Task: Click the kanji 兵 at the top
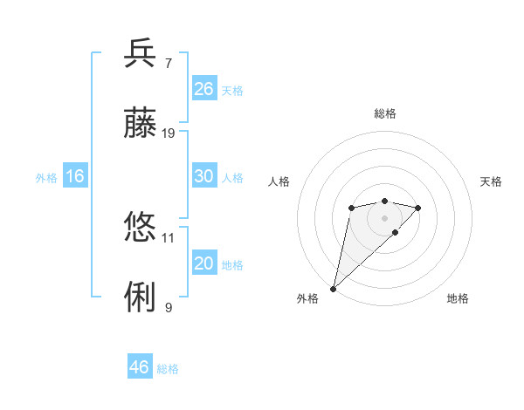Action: click(141, 53)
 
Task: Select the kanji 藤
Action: click(141, 124)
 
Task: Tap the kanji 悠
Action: click(141, 228)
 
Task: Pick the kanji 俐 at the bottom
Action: click(141, 297)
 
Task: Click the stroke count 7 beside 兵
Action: click(168, 64)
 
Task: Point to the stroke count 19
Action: click(169, 133)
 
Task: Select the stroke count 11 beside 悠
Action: click(169, 237)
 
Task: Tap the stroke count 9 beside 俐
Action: click(168, 307)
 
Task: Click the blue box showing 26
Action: click(204, 89)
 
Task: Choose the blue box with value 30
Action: click(204, 176)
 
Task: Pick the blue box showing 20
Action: click(204, 263)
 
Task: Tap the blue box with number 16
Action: click(74, 177)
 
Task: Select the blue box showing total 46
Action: click(140, 367)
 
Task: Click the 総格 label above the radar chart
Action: click(385, 113)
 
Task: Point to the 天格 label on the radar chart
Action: click(491, 181)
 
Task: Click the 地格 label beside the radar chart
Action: click(458, 299)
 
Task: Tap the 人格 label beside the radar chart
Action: click(279, 181)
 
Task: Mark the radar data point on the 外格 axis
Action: click(333, 288)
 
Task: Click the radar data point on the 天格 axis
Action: click(418, 208)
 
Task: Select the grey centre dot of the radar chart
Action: click(385, 218)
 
